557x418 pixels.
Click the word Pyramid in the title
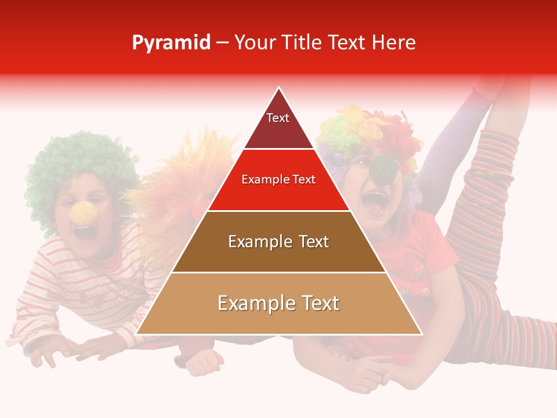pos(171,43)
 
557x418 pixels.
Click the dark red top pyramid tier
pos(278,131)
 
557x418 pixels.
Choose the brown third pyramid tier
pos(278,255)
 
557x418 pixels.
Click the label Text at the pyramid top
pos(278,118)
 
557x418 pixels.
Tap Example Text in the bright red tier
pos(278,179)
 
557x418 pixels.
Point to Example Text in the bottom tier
pos(278,303)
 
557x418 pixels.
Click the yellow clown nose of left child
pos(82,213)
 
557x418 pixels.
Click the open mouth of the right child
pos(374,201)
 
